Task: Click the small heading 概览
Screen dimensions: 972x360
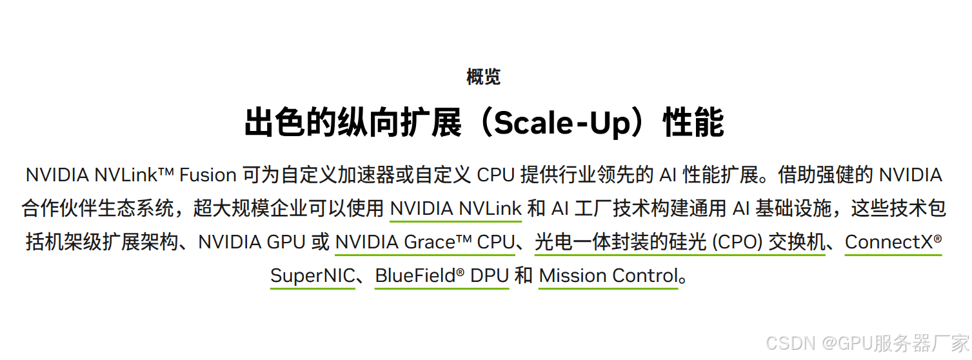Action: coord(483,77)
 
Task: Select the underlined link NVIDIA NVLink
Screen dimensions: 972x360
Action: coord(455,208)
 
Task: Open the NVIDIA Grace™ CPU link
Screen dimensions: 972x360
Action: coord(425,242)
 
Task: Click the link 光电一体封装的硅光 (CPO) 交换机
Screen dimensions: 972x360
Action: coord(680,242)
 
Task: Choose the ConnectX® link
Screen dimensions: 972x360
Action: coord(893,242)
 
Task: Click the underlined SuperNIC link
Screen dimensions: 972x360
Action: coord(312,275)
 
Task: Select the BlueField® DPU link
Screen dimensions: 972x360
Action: coord(442,275)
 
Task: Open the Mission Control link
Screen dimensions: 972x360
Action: coord(608,275)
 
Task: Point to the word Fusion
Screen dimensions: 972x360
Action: coord(208,175)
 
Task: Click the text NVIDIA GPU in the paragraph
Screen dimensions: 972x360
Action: coord(252,242)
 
